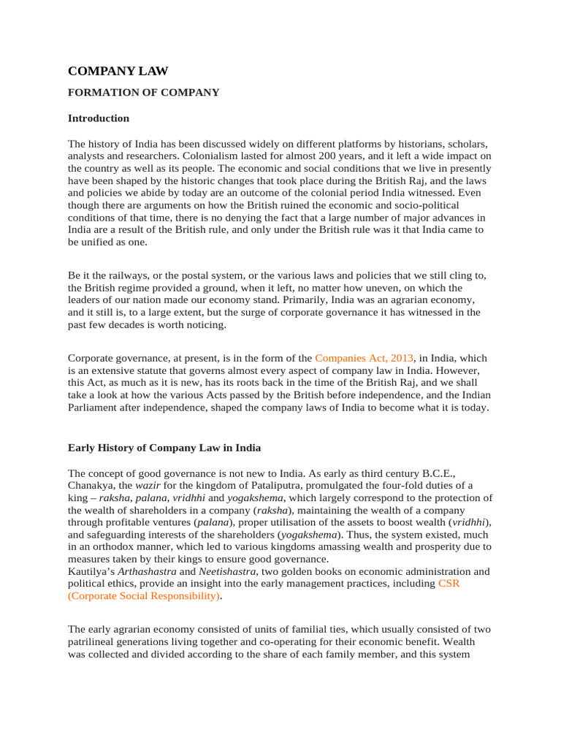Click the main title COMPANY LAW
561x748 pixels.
pyautogui.click(x=118, y=71)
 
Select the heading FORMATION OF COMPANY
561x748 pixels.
pyautogui.click(x=143, y=93)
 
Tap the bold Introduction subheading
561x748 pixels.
pyautogui.click(x=99, y=118)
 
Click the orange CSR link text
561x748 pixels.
pyautogui.click(x=449, y=584)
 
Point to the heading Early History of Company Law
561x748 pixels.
pyautogui.click(x=164, y=447)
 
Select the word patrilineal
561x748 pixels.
pyautogui.click(x=95, y=641)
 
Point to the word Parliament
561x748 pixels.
pyautogui.click(x=95, y=408)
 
